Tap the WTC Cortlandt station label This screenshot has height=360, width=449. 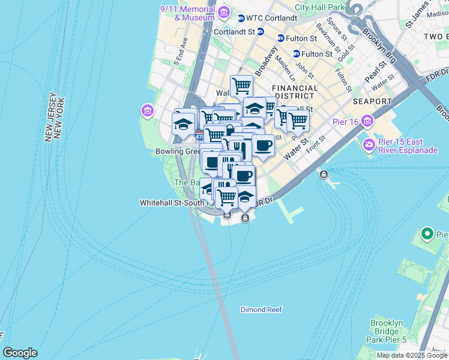pos(272,18)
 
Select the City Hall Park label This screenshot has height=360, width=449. pos(320,7)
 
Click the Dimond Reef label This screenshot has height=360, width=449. pos(261,310)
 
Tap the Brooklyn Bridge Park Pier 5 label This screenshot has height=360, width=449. pos(387,331)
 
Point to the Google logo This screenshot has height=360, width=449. pos(20,353)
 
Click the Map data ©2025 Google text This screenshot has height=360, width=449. pos(412,355)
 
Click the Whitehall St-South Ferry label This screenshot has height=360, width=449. pos(174,203)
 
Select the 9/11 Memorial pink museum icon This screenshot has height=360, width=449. pos(223,12)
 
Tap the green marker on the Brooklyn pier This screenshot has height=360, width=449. pos(427,233)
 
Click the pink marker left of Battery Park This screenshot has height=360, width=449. pos(147,111)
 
